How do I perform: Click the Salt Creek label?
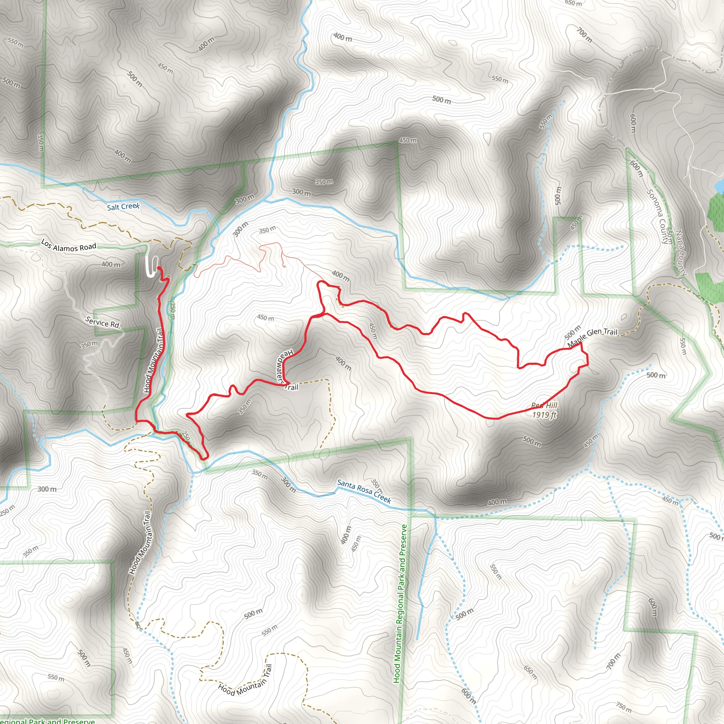pyautogui.click(x=123, y=206)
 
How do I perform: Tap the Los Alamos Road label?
pyautogui.click(x=69, y=246)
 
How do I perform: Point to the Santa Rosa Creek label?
pyautogui.click(x=364, y=491)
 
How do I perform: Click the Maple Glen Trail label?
pyautogui.click(x=592, y=337)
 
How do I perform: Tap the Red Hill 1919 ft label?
pyautogui.click(x=544, y=410)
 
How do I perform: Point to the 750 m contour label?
pyautogui.click(x=623, y=707)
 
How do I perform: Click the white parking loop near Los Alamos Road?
pyautogui.click(x=152, y=267)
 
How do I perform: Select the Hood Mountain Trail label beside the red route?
pyautogui.click(x=154, y=360)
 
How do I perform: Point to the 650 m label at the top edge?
pyautogui.click(x=573, y=3)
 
